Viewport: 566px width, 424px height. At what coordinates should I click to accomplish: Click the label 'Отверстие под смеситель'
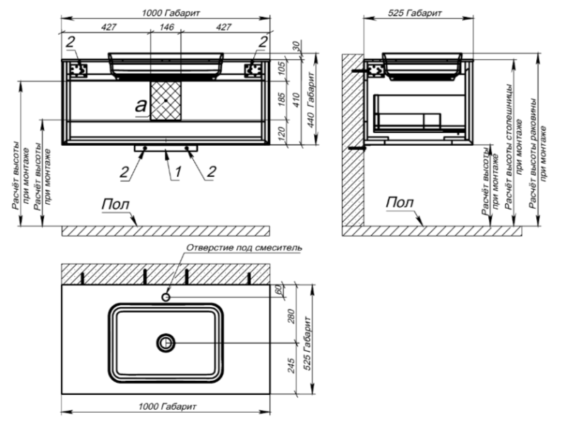[x=244, y=248]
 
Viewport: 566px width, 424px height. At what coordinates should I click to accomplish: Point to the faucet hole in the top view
[x=167, y=297]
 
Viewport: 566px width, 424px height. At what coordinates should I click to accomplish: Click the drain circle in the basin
[x=164, y=343]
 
